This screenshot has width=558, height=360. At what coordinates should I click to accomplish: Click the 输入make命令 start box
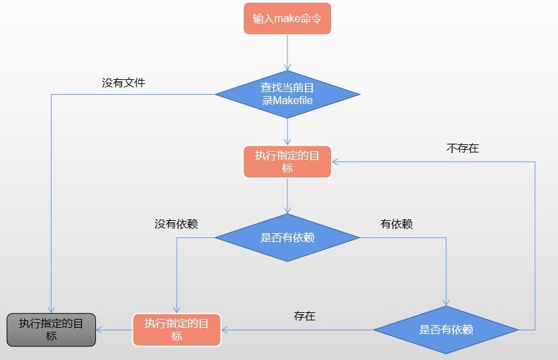point(287,19)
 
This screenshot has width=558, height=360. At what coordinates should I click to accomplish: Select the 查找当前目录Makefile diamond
point(287,94)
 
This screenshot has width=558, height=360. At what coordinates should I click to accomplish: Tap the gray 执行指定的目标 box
point(51,329)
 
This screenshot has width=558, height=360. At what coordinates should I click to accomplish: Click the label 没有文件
point(124,83)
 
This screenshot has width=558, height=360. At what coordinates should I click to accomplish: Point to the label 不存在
point(463,148)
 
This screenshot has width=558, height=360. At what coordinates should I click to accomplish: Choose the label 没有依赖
point(176,224)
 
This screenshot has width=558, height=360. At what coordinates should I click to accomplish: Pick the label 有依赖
point(396,224)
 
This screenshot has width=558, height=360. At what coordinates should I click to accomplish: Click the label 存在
point(304,316)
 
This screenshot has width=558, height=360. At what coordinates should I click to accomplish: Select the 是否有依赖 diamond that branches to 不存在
point(446,330)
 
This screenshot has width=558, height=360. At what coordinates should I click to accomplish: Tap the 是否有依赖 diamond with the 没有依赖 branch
point(287,237)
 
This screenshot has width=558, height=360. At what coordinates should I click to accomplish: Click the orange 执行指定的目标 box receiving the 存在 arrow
point(177,329)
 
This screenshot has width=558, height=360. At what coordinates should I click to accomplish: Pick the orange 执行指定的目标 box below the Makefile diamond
point(287,162)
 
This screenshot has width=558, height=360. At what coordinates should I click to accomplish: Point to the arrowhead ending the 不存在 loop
point(336,162)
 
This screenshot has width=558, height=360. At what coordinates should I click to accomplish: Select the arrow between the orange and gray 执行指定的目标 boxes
point(114,330)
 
